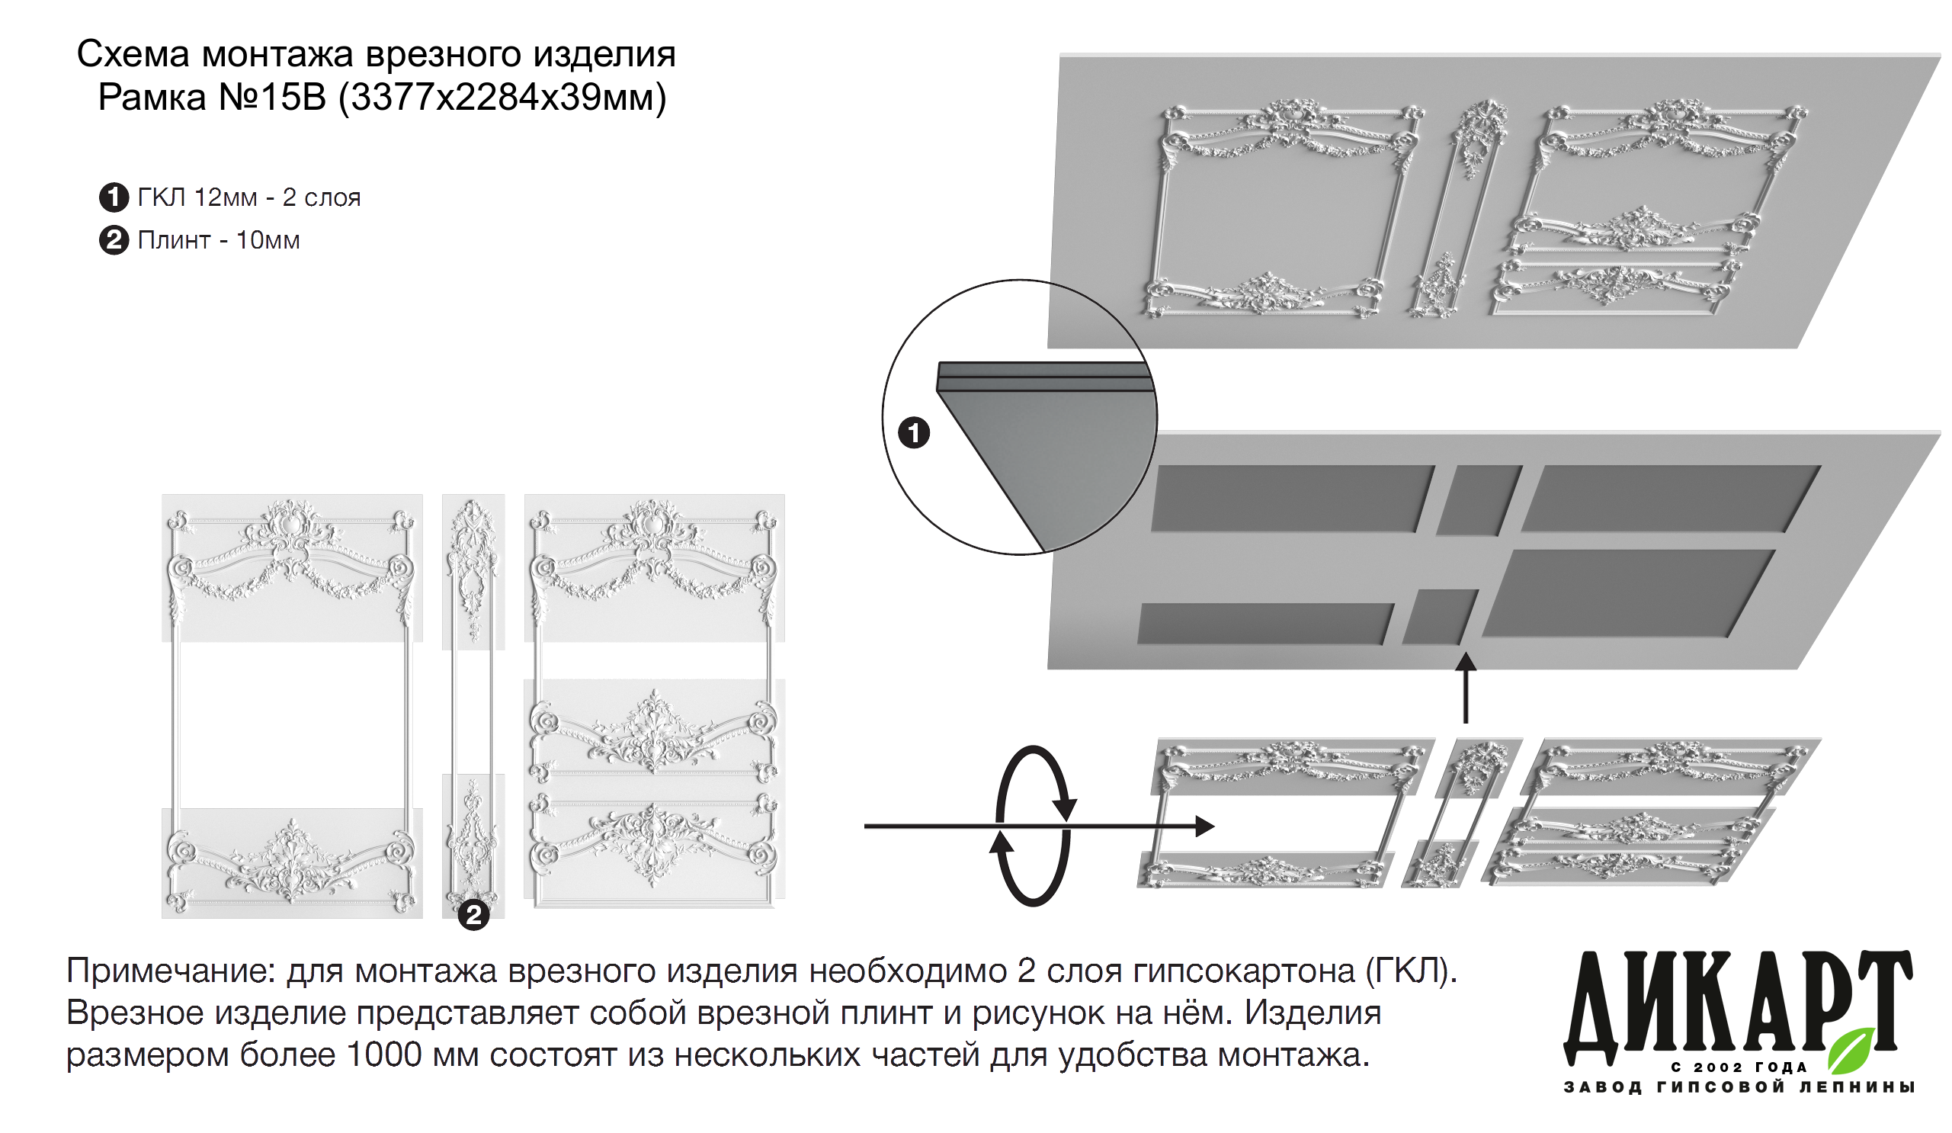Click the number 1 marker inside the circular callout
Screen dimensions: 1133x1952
click(913, 432)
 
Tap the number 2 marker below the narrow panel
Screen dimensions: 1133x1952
click(473, 915)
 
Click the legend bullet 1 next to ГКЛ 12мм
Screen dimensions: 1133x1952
click(114, 197)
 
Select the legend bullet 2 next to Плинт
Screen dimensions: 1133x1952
click(114, 240)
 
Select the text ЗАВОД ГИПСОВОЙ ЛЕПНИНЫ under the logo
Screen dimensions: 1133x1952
click(1739, 1087)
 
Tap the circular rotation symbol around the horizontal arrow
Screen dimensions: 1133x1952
click(1033, 826)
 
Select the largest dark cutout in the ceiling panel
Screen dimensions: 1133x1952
click(1627, 593)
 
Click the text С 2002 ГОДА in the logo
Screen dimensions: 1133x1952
click(1739, 1067)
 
